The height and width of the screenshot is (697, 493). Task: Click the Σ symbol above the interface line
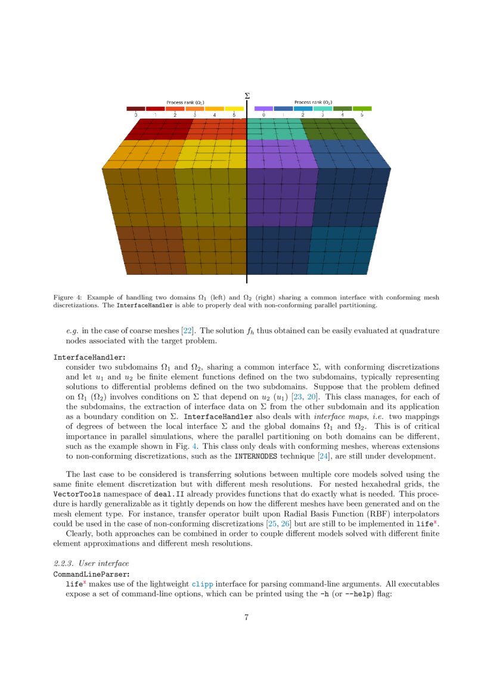[x=247, y=95]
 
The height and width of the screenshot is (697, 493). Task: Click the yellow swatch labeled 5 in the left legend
[x=234, y=109]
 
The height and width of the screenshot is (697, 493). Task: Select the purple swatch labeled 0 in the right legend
[x=263, y=109]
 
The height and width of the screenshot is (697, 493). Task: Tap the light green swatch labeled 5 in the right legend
[x=362, y=109]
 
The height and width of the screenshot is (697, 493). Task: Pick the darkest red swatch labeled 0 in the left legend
[x=136, y=109]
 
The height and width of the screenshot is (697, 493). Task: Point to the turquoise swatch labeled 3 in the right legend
[x=323, y=109]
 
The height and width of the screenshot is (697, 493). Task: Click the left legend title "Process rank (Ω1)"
[x=185, y=103]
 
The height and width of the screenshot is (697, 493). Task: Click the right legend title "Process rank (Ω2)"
[x=313, y=103]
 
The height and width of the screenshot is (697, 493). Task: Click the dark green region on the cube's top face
[x=331, y=128]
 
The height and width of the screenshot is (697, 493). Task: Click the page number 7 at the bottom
[x=246, y=617]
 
